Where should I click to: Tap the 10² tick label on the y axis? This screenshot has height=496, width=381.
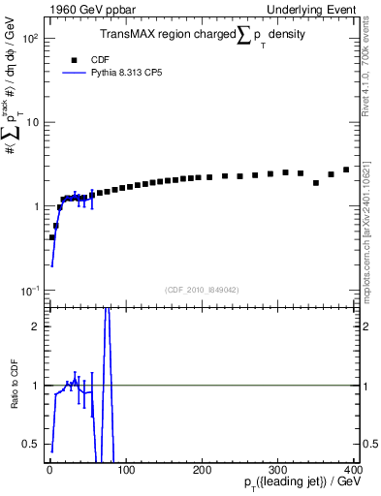tap(29, 39)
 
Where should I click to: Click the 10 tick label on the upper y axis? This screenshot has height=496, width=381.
tap(32, 122)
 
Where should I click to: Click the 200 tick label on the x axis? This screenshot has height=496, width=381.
tap(202, 470)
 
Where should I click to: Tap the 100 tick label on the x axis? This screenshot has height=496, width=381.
tap(126, 470)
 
